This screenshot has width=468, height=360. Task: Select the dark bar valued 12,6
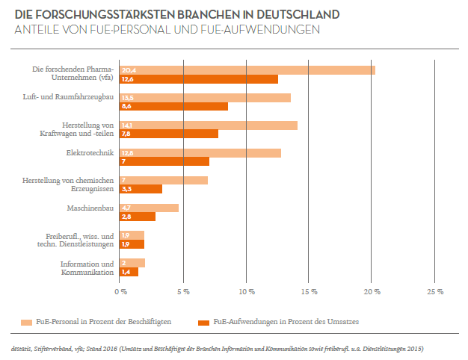pyautogui.click(x=199, y=79)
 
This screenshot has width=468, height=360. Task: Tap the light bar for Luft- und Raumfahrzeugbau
pyautogui.click(x=205, y=97)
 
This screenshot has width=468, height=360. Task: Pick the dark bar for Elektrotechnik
pyautogui.click(x=164, y=161)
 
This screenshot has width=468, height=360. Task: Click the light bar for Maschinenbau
pyautogui.click(x=149, y=208)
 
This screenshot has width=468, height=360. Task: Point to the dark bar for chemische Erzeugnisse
pyautogui.click(x=141, y=189)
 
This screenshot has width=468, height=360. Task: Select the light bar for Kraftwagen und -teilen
pyautogui.click(x=208, y=125)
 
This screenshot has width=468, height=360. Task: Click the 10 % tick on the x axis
pyautogui.click(x=246, y=291)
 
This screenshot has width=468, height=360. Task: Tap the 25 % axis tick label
pyautogui.click(x=435, y=291)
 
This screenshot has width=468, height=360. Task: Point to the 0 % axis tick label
pyautogui.click(x=120, y=291)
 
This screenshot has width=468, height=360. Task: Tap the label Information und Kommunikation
pyautogui.click(x=87, y=267)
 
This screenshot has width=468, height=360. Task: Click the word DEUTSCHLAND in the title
pyautogui.click(x=280, y=14)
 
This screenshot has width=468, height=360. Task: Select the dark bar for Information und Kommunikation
pyautogui.click(x=129, y=272)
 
